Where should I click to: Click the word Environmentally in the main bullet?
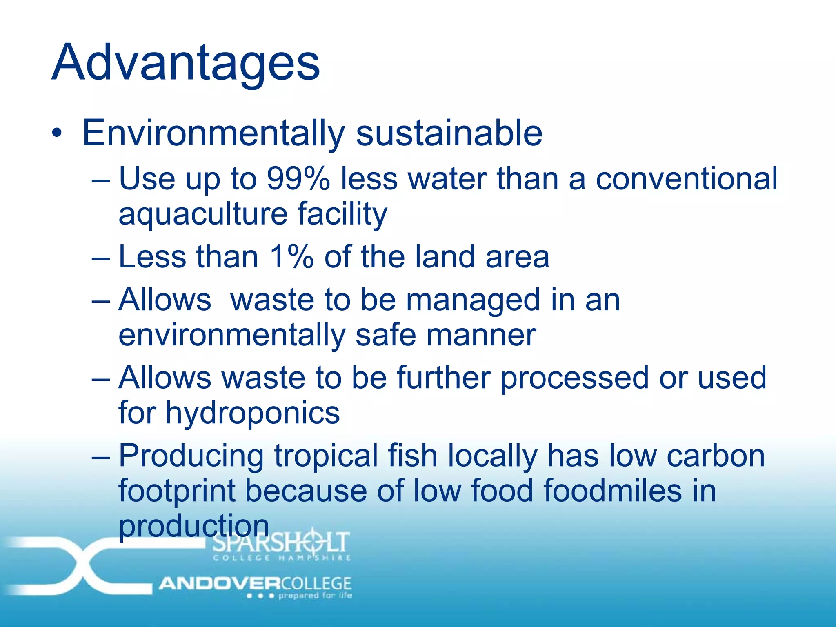(213, 133)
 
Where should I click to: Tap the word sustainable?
(449, 133)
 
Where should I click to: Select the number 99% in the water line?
(298, 179)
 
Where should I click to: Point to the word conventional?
(687, 179)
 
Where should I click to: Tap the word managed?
(473, 300)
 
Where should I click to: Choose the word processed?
(574, 378)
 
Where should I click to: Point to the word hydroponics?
(252, 413)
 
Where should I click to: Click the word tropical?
(326, 456)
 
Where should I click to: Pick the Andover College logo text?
(255, 583)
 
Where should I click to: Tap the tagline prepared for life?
(315, 596)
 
